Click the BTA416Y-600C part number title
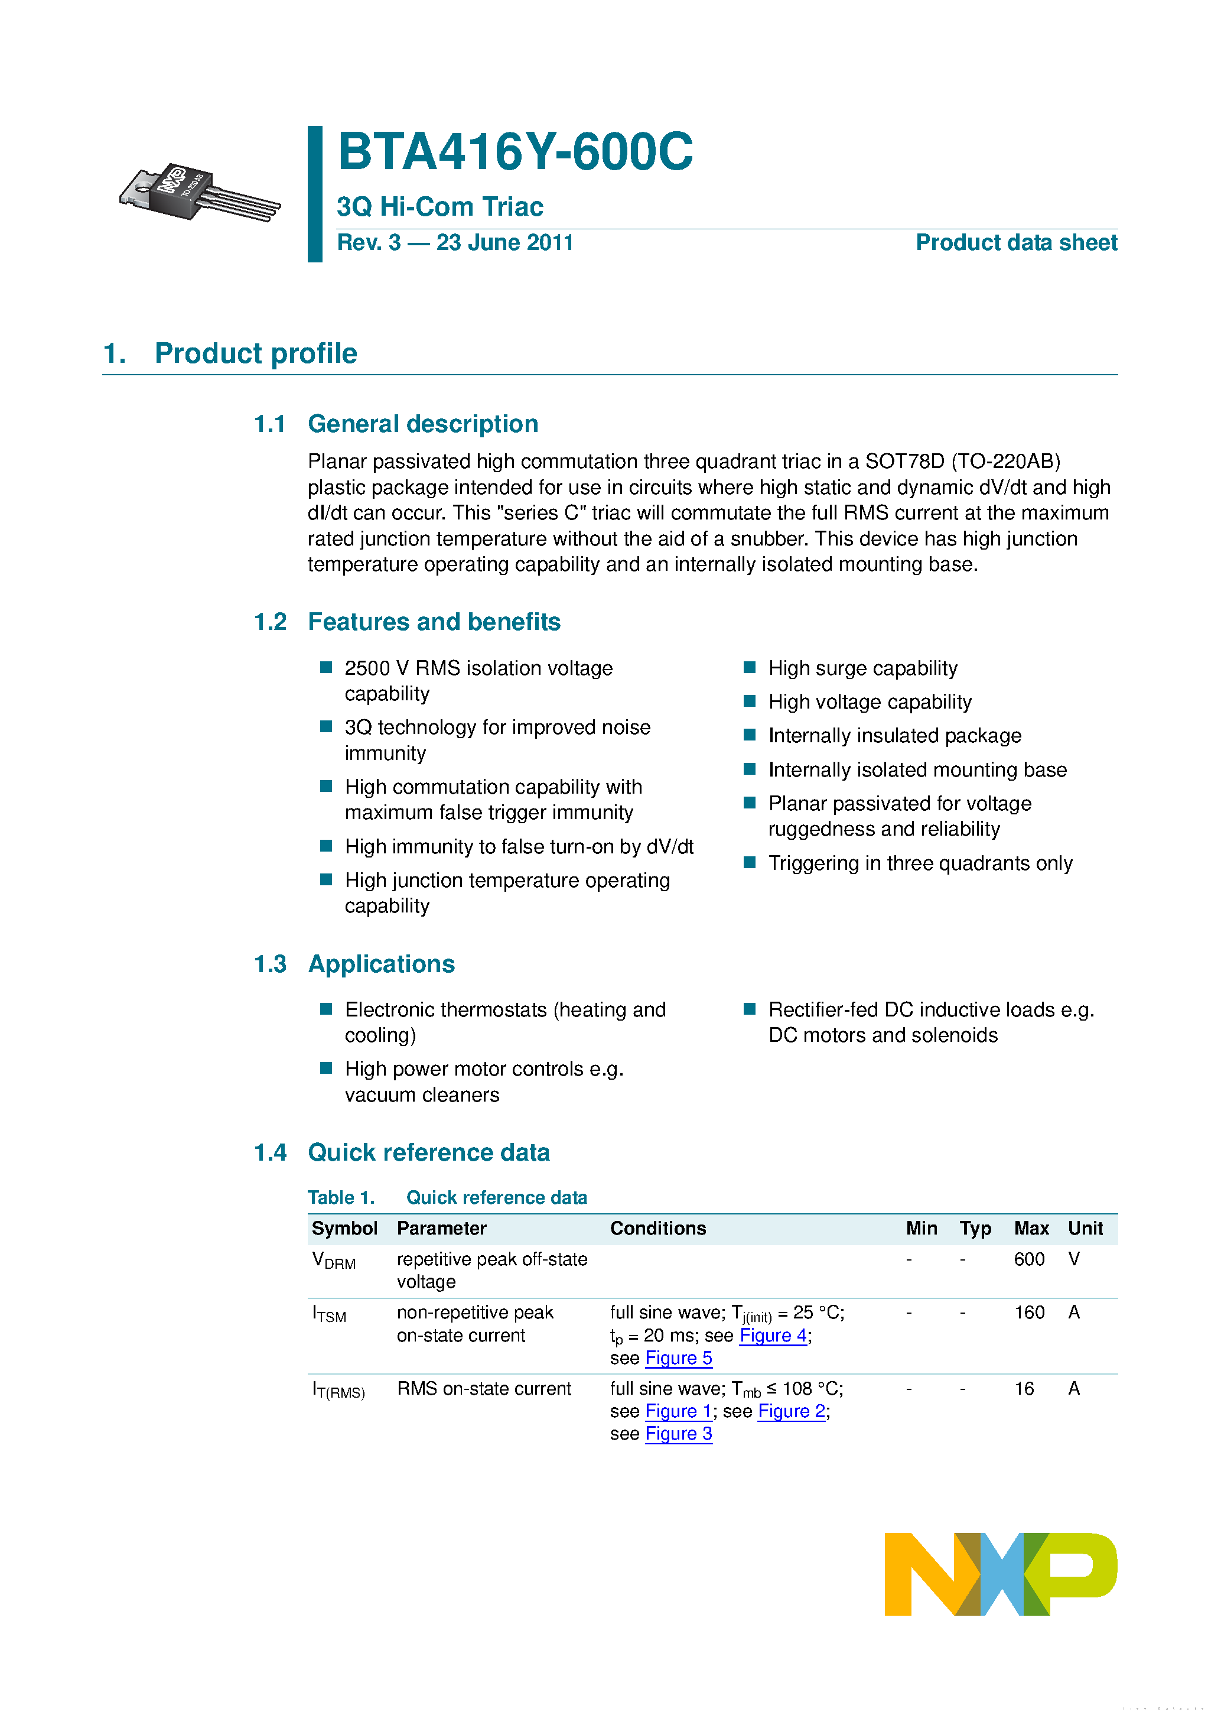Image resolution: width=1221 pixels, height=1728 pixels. (515, 152)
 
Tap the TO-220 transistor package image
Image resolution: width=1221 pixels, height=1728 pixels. (199, 193)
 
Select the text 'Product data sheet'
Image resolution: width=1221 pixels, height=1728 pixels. (1015, 242)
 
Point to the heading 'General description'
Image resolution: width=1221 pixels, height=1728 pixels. (423, 424)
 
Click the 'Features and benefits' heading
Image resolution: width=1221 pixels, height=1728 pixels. (434, 622)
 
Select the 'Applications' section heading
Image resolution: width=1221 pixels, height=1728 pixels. (382, 964)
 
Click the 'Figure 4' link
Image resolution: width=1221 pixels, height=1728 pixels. (773, 1336)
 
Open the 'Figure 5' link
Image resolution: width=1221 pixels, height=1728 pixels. (679, 1359)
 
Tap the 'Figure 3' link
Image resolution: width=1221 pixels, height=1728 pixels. (679, 1434)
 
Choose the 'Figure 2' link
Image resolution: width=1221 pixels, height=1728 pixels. (792, 1411)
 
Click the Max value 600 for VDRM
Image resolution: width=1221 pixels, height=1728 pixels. (1028, 1259)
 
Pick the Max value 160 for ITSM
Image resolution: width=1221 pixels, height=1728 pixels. (1028, 1313)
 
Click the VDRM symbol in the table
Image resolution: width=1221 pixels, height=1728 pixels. (333, 1261)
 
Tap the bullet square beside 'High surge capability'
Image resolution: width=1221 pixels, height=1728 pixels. (749, 668)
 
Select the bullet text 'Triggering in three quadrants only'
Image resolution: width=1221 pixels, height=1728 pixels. (920, 863)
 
